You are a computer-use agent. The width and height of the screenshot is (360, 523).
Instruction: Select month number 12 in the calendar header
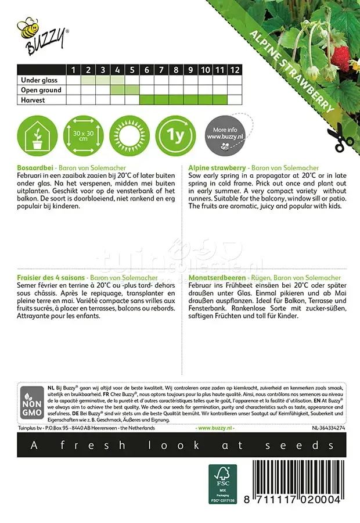(234, 70)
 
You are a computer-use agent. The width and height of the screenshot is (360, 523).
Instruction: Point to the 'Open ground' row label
(41, 90)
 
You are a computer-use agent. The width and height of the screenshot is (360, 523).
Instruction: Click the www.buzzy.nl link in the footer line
(215, 428)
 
